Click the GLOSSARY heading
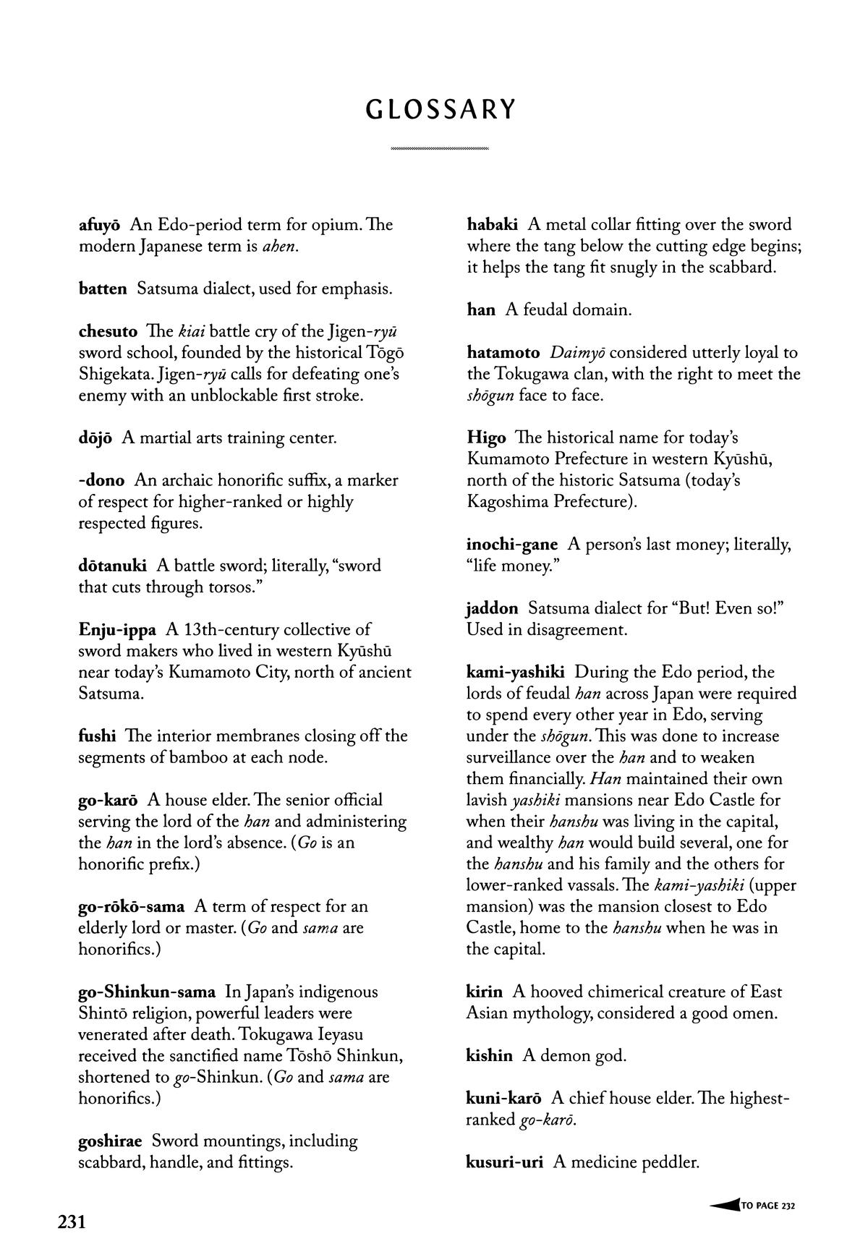[x=441, y=109]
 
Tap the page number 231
[x=72, y=1222]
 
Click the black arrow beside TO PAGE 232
[x=724, y=1205]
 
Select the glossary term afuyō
[x=99, y=224]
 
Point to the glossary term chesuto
[x=108, y=331]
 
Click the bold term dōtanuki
[x=112, y=566]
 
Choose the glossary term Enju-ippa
[x=117, y=629]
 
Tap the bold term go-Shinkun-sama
[x=147, y=992]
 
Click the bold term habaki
[x=492, y=224]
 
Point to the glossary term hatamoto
[x=503, y=353]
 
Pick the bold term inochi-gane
[x=512, y=544]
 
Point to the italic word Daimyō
[x=576, y=353]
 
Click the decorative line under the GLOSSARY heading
[x=440, y=149]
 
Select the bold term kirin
[x=484, y=992]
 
